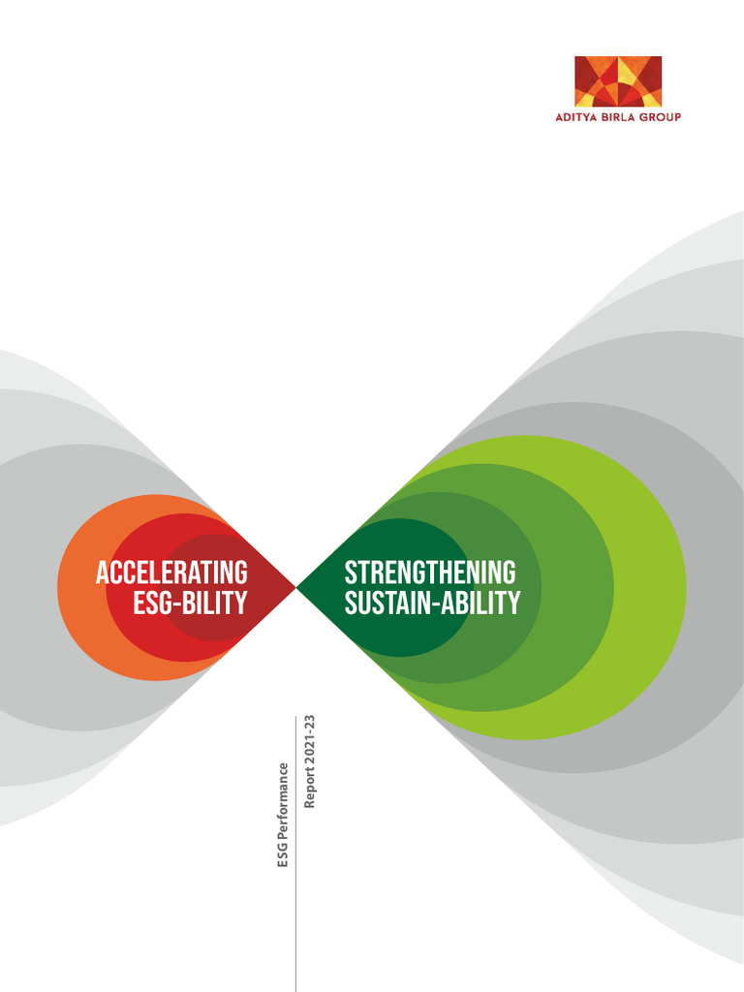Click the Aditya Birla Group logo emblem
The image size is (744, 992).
click(x=618, y=81)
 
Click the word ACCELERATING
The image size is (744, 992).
click(x=171, y=573)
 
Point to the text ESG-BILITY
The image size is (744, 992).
click(x=190, y=604)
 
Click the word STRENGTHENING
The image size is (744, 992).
click(x=430, y=573)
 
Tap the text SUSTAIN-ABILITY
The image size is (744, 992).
click(x=432, y=604)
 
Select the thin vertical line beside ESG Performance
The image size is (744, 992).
click(x=295, y=872)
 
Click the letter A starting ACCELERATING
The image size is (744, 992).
click(x=101, y=573)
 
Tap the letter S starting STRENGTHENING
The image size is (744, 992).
click(x=351, y=573)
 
